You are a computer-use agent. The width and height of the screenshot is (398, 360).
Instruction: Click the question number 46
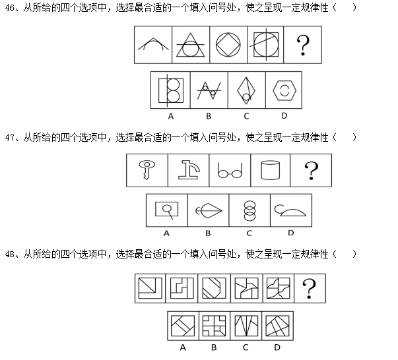(x=10, y=8)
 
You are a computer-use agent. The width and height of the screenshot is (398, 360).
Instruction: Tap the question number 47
(x=10, y=138)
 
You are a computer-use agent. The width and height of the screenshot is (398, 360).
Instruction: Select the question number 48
(x=10, y=254)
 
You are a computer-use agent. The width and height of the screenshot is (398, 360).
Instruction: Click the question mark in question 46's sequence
(x=303, y=45)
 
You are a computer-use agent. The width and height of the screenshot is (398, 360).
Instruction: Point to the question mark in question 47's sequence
(x=312, y=171)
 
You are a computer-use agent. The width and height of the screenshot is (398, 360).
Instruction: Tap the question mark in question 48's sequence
(x=310, y=289)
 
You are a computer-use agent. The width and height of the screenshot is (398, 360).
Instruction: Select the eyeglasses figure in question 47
(x=230, y=170)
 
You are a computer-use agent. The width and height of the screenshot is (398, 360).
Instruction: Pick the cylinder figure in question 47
(x=271, y=170)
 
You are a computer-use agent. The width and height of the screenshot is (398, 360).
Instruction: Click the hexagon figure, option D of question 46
(x=284, y=90)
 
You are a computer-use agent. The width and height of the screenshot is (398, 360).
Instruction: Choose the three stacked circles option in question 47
(x=249, y=211)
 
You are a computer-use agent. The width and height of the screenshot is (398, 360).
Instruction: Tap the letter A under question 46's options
(x=171, y=116)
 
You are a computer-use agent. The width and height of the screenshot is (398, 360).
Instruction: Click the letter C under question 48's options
(x=246, y=347)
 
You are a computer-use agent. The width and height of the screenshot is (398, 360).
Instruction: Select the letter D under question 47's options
(x=291, y=233)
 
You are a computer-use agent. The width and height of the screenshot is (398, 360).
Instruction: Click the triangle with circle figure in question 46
(x=190, y=45)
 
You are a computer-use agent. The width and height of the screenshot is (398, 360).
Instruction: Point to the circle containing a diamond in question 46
(x=228, y=45)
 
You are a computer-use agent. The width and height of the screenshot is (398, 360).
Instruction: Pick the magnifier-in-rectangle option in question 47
(x=167, y=210)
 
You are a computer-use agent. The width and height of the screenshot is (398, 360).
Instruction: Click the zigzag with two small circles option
(x=209, y=90)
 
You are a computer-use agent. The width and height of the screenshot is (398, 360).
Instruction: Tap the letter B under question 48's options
(x=214, y=347)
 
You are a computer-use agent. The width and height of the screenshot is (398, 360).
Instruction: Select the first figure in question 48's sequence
(x=150, y=288)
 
